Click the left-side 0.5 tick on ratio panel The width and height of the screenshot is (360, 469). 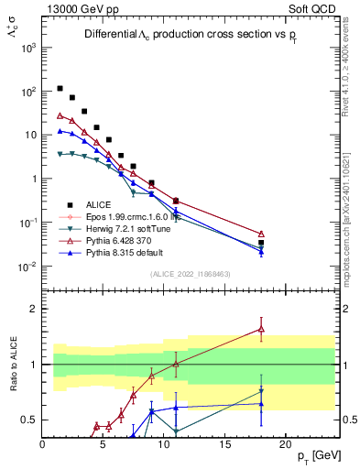click(x=29, y=420)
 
